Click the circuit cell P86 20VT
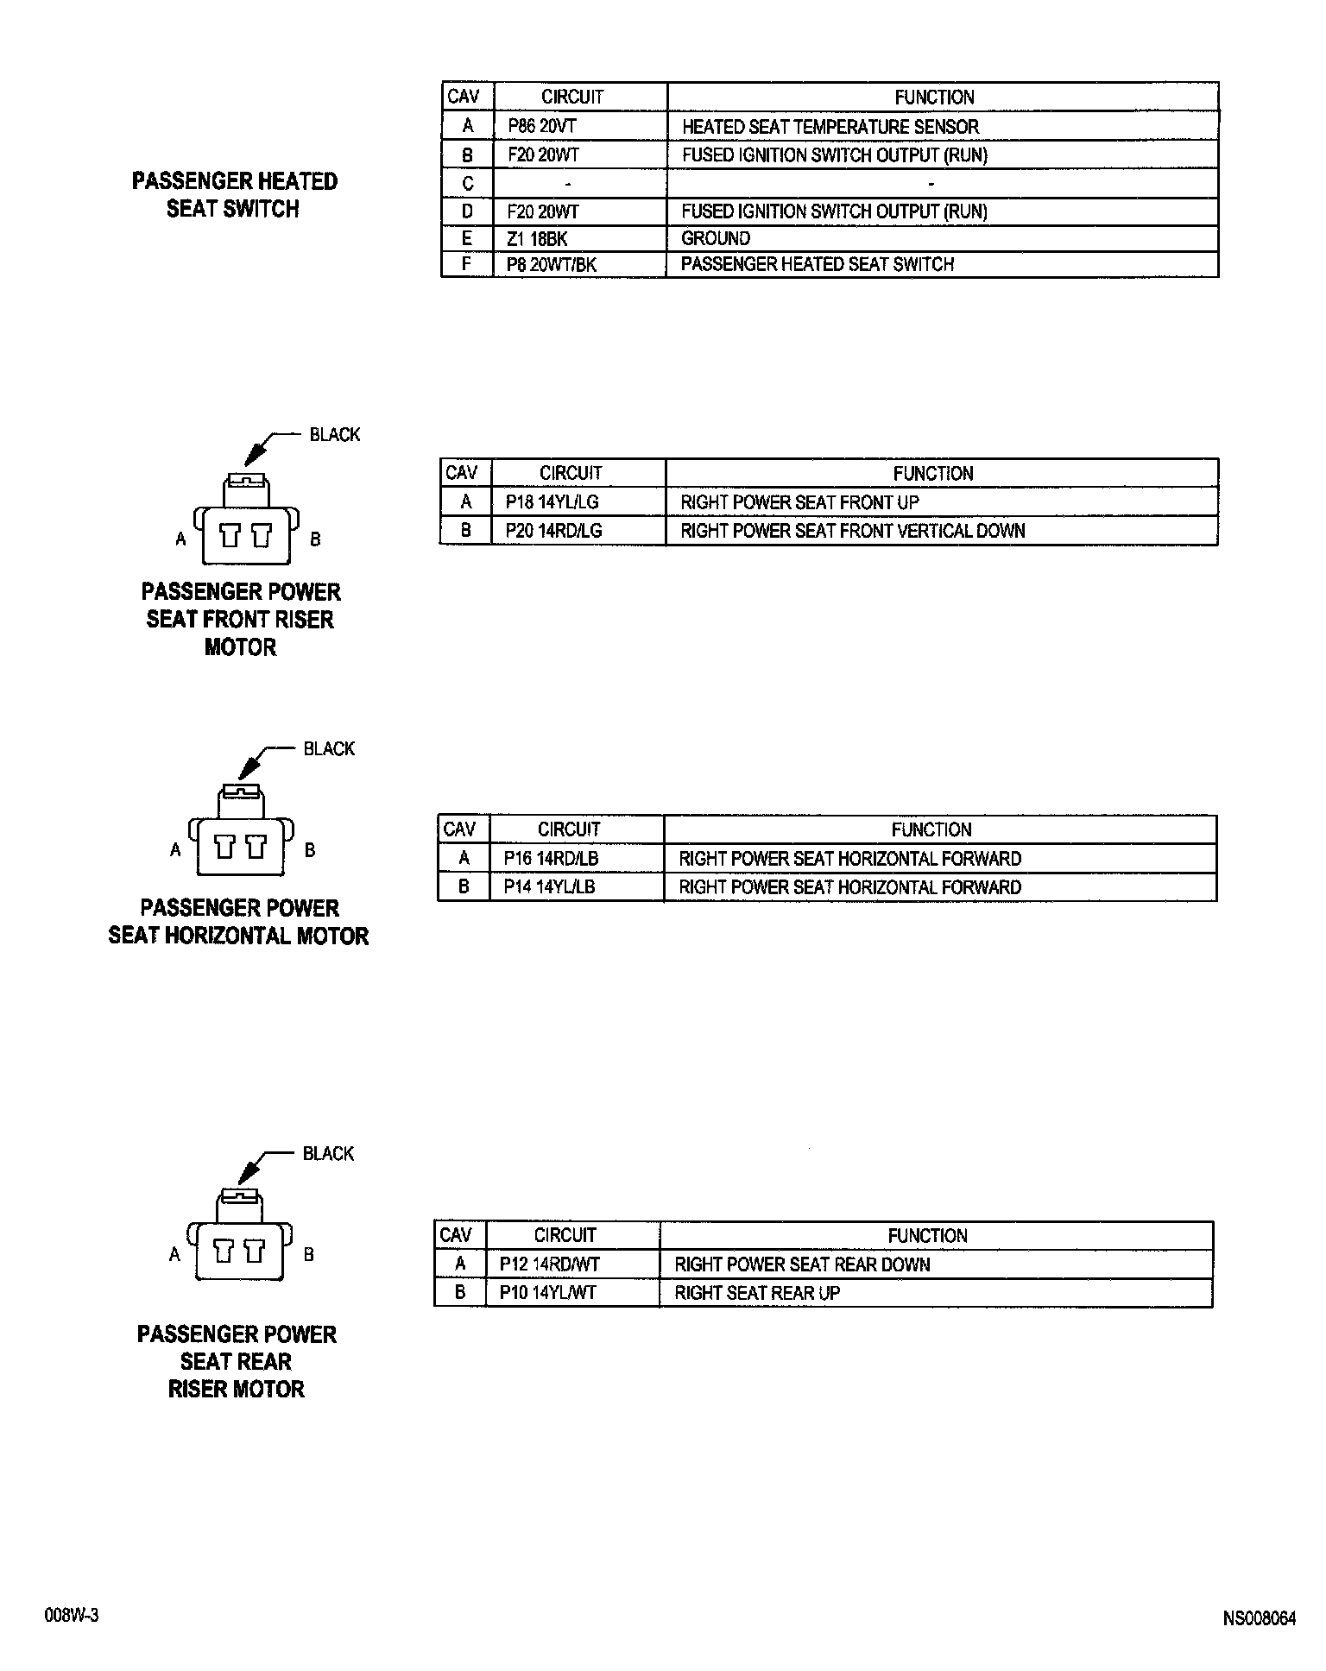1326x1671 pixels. (541, 126)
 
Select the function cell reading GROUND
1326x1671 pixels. (716, 238)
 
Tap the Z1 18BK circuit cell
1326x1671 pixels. (537, 238)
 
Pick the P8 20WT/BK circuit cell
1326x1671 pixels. (552, 265)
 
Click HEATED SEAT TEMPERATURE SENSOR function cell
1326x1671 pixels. (830, 127)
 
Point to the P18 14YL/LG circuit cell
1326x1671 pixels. (552, 502)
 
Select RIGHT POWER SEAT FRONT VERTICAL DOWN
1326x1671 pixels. (853, 531)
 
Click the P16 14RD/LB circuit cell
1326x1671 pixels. (551, 859)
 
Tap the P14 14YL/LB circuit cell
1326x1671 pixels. (549, 887)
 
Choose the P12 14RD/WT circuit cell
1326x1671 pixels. (549, 1264)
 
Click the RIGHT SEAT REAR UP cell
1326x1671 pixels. (757, 1293)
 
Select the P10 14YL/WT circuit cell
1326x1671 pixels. (547, 1293)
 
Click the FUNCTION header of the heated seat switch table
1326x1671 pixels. (934, 97)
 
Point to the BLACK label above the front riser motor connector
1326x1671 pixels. (335, 434)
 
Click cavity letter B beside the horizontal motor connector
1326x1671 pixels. (310, 850)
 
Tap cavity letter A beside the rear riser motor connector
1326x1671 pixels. (174, 1255)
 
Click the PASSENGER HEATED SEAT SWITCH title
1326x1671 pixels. (234, 194)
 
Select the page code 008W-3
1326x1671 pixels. (72, 1616)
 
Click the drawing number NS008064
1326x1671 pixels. (1259, 1618)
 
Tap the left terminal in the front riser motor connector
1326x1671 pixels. (230, 536)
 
